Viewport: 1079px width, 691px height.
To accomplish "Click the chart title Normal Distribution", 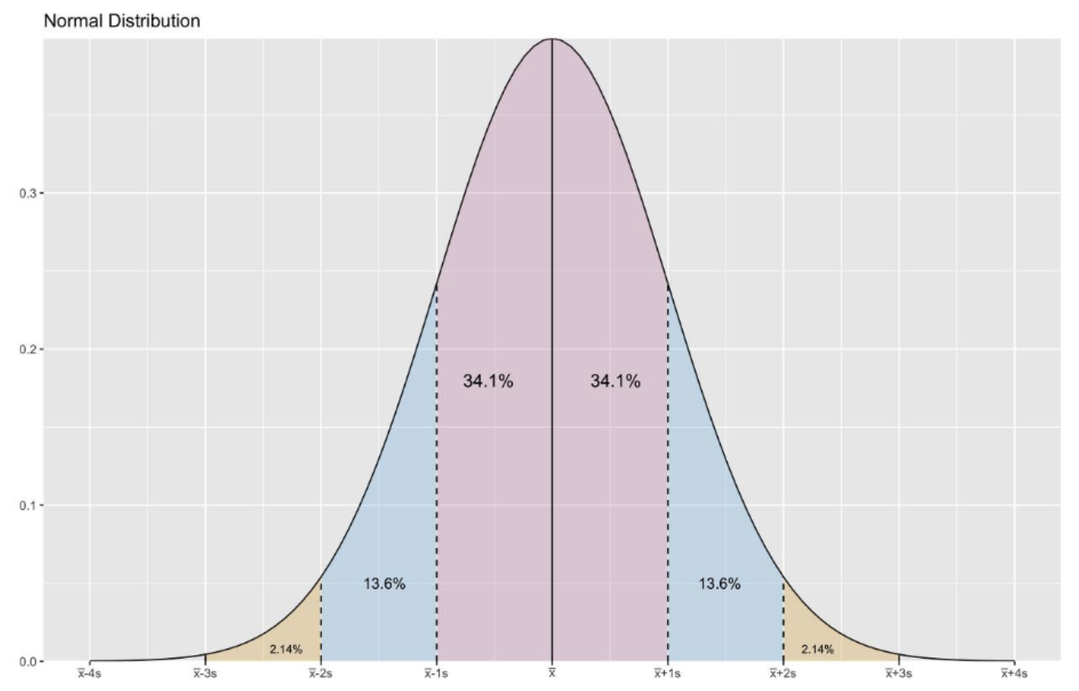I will click(x=121, y=21).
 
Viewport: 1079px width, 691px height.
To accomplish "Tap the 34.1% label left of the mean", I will click(x=487, y=381).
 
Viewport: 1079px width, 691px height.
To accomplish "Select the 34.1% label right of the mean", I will click(x=615, y=381).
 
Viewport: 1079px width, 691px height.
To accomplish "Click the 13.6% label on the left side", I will click(x=384, y=584).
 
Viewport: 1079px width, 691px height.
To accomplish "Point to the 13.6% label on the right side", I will click(x=719, y=584).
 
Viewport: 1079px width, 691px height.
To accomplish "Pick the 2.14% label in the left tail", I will click(x=285, y=650).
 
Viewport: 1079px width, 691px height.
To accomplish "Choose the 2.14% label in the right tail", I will click(x=817, y=650).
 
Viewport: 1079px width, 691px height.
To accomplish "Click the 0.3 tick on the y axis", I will click(x=28, y=193).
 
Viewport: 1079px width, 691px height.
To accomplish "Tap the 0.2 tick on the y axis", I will click(x=28, y=349).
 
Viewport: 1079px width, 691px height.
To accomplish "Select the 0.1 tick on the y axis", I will click(x=28, y=505).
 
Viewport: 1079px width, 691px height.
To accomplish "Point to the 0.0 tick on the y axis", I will click(x=28, y=661).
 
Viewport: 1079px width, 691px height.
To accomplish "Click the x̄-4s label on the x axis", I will click(x=90, y=674).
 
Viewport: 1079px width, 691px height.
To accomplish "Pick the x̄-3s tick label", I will click(x=205, y=674).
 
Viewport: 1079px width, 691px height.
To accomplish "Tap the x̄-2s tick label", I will click(x=321, y=674).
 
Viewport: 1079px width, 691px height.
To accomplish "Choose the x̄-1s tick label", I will click(x=436, y=674).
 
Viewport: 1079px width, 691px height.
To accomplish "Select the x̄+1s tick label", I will click(x=667, y=674).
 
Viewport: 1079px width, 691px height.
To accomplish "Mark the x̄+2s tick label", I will click(x=783, y=674).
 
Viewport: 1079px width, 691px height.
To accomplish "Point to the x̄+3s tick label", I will click(x=899, y=674).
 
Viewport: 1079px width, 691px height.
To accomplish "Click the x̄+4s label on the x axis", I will click(x=1014, y=674).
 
